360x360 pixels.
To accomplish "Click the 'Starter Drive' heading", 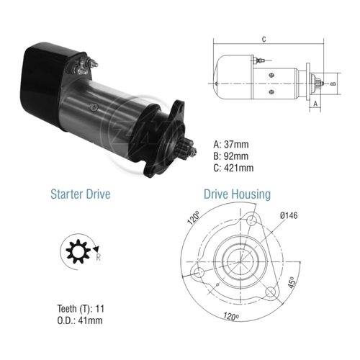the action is click(81, 194).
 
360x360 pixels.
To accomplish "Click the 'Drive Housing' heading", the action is click(237, 194).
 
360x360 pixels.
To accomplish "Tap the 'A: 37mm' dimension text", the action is click(231, 145).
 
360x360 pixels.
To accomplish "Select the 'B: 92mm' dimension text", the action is click(231, 156).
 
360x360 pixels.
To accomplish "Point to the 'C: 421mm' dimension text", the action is click(233, 168).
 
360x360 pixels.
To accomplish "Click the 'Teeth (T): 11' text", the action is click(81, 309).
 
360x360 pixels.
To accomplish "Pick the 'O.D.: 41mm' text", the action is click(80, 320).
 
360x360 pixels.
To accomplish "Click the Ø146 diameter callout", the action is click(289, 215).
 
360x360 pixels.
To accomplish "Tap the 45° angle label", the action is click(292, 282).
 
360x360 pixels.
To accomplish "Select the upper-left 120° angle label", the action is click(194, 217).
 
